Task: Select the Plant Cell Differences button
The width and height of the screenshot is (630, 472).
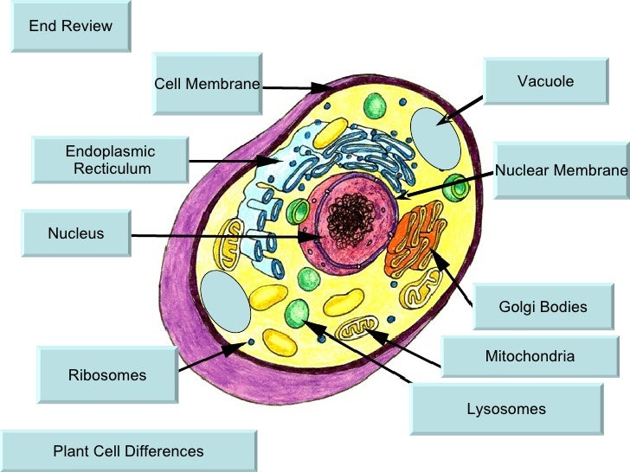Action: pyautogui.click(x=129, y=451)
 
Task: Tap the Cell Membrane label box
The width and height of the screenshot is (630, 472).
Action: pyautogui.click(x=207, y=84)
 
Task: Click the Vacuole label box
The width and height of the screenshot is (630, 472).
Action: pyautogui.click(x=545, y=82)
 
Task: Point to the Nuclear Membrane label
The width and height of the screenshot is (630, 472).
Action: pyautogui.click(x=561, y=170)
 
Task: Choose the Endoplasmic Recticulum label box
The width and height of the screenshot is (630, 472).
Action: pyautogui.click(x=110, y=161)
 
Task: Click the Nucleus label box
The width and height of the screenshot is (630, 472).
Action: pyautogui.click(x=76, y=233)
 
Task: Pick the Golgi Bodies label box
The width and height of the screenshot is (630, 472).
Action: pyautogui.click(x=543, y=307)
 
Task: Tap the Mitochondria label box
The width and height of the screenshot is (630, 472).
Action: pyautogui.click(x=530, y=356)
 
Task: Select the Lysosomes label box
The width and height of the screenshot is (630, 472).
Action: pyautogui.click(x=506, y=409)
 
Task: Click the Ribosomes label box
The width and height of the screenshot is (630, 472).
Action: pyautogui.click(x=107, y=375)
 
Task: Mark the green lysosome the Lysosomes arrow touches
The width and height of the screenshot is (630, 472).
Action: pyautogui.click(x=298, y=312)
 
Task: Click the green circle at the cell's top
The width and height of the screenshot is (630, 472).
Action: pyautogui.click(x=375, y=106)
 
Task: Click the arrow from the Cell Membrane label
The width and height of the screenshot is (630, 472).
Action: pyautogui.click(x=294, y=86)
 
